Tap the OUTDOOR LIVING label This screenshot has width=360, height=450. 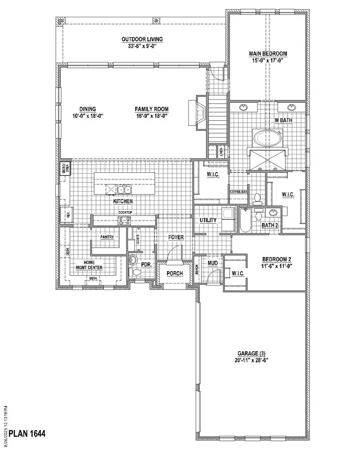pos(142,39)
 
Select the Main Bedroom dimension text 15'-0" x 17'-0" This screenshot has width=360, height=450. pos(268,60)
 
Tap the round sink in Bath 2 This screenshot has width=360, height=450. pos(273,212)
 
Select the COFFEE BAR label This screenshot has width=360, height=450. pos(239,192)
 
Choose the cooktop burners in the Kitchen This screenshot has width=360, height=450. pos(124,219)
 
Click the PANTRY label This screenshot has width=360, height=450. pos(107,237)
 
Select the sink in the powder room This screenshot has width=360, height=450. pos(133,260)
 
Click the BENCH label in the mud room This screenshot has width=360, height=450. pos(197,271)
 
